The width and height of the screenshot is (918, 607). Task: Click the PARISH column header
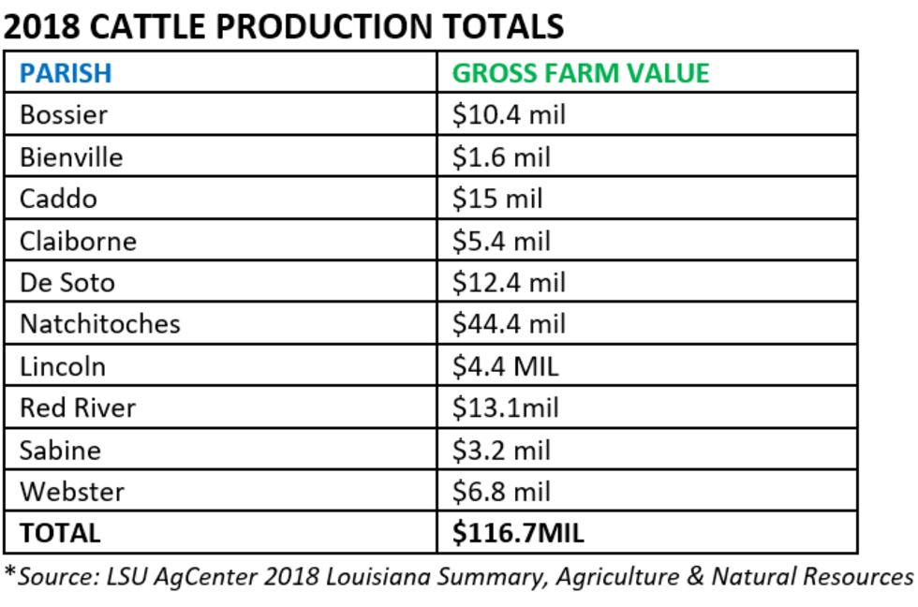(x=66, y=73)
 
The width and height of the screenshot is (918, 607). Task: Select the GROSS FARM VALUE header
(x=581, y=73)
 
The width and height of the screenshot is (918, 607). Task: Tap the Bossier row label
(x=64, y=115)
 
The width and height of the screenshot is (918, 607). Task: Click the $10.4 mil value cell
(x=509, y=115)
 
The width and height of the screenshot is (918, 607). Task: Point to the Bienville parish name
(x=71, y=157)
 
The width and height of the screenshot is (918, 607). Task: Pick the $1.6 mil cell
(x=501, y=157)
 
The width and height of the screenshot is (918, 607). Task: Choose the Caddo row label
(x=58, y=199)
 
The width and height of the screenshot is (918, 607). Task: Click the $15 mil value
(x=497, y=199)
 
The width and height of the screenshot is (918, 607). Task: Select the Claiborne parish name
(x=78, y=241)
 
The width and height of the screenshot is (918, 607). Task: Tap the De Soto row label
(x=67, y=282)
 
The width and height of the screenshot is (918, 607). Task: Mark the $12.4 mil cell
(x=509, y=282)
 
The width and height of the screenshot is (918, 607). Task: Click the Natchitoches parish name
(x=99, y=324)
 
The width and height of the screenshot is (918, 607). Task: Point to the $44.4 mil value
(x=509, y=324)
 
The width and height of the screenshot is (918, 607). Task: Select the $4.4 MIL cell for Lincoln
(x=505, y=365)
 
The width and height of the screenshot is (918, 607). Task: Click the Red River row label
(x=78, y=407)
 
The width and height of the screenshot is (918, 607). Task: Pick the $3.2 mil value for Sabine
(x=501, y=450)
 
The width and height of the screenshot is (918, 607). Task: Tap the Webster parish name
(x=72, y=491)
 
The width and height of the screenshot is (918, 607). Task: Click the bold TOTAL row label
(x=60, y=533)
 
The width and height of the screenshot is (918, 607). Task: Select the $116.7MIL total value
(x=518, y=533)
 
